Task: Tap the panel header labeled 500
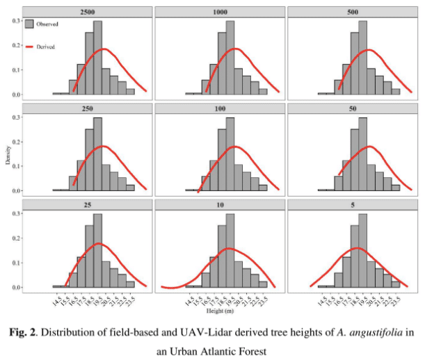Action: [x=351, y=12]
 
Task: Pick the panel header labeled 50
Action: [x=351, y=108]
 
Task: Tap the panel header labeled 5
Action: [x=351, y=204]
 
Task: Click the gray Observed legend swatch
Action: [x=29, y=24]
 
